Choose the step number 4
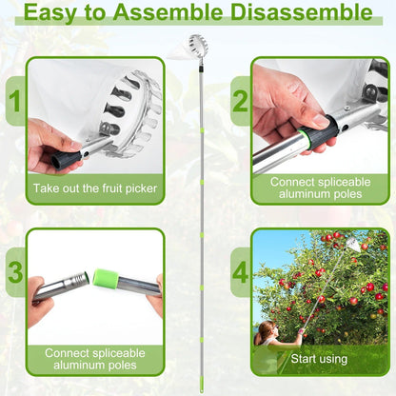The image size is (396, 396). tap(241, 272)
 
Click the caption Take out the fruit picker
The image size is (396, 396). tap(94, 189)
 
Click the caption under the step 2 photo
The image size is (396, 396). tap(320, 187)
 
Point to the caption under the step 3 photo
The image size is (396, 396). tap(94, 358)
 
